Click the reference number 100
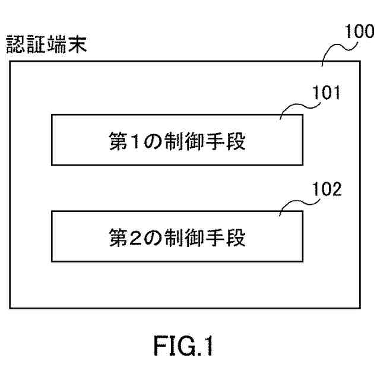click(x=359, y=31)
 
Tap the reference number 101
click(x=327, y=93)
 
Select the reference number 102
click(x=327, y=189)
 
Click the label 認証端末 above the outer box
click(x=46, y=44)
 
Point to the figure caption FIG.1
click(x=183, y=346)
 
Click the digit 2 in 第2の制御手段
click(x=135, y=237)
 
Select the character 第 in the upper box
click(x=118, y=141)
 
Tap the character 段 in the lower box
click(x=236, y=237)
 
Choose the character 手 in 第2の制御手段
click(x=215, y=237)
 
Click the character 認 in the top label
click(x=15, y=44)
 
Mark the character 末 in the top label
click(x=78, y=44)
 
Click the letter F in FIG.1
click(x=160, y=346)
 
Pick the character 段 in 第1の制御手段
click(x=236, y=141)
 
